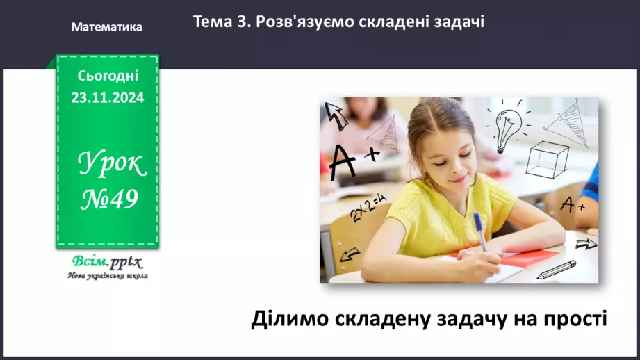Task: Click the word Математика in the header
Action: coord(106,27)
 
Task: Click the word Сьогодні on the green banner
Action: coord(107,75)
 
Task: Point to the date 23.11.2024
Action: coord(107,98)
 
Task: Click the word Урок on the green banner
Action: coord(111,164)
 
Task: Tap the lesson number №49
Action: coord(109,200)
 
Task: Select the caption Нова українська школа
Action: coord(107,276)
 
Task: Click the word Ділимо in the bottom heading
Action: coord(286,319)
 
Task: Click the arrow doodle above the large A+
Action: coord(337,115)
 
